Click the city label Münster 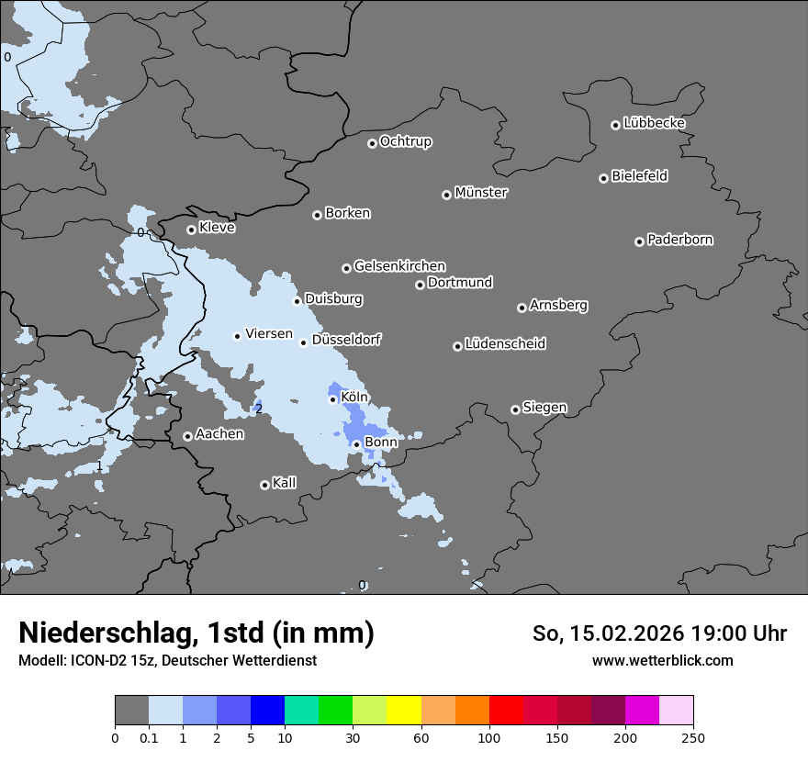click(480, 193)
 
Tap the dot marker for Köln click(333, 399)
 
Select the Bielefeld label click(639, 176)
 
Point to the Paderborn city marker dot click(639, 241)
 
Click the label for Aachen click(219, 434)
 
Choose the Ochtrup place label click(405, 141)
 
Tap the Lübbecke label click(654, 123)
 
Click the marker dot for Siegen click(515, 409)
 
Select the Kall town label click(284, 483)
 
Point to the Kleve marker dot click(191, 230)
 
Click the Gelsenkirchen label click(399, 266)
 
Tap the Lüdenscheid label click(505, 344)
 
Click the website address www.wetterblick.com click(662, 660)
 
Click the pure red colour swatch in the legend click(506, 711)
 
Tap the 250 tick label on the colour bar click(693, 736)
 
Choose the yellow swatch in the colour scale click(404, 711)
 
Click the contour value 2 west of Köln click(259, 409)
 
